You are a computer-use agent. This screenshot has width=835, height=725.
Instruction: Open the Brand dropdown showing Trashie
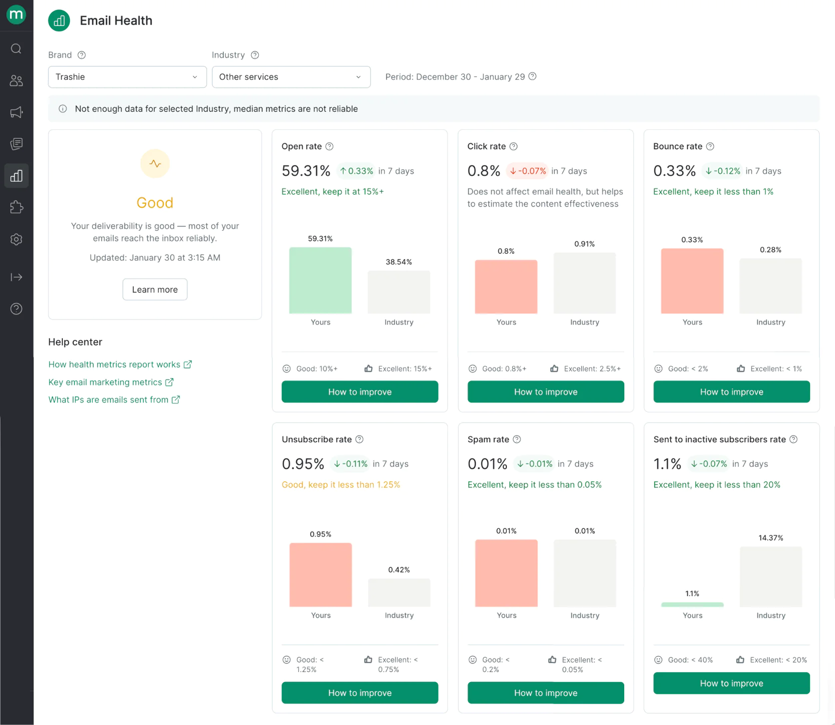[x=127, y=77]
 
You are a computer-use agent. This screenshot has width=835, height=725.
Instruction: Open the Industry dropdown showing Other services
[x=291, y=77]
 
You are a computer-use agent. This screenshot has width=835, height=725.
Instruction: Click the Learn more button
[x=155, y=290]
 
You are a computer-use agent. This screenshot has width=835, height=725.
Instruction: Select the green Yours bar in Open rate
[x=320, y=281]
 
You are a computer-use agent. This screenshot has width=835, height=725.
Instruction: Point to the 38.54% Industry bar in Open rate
[x=399, y=292]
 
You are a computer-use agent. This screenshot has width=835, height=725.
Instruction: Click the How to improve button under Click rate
[x=545, y=392]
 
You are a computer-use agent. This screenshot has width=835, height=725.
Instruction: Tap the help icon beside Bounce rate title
[x=710, y=146]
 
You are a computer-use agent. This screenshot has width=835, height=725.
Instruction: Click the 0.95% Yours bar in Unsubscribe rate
[x=321, y=575]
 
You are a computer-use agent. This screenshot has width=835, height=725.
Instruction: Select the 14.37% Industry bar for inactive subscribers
[x=771, y=577]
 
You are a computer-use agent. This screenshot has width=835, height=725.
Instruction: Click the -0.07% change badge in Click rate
[x=528, y=171]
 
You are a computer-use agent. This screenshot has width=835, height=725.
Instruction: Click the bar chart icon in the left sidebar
[x=16, y=176]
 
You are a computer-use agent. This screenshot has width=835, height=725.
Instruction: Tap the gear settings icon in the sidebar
[x=16, y=239]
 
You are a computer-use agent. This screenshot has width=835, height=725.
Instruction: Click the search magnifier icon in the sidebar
[x=16, y=48]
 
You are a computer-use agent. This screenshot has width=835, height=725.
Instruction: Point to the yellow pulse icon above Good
[x=155, y=164]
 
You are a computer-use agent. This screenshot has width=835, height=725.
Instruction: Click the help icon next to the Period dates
[x=532, y=76]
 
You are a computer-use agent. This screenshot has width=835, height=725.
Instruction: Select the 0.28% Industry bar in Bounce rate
[x=771, y=286]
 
